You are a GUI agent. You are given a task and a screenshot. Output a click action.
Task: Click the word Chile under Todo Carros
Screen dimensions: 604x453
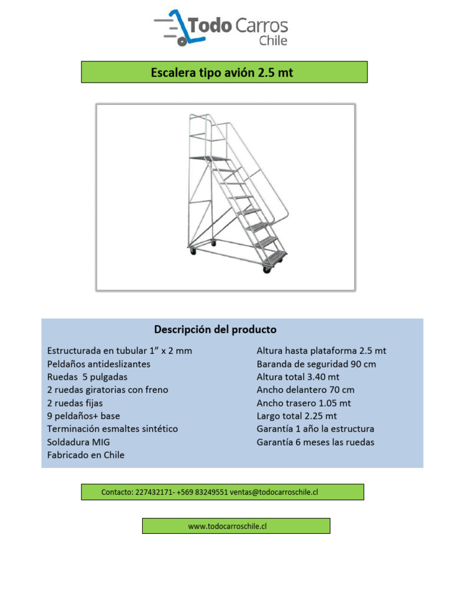click(x=273, y=41)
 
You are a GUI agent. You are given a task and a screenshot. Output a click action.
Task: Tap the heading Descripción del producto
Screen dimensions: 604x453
click(x=215, y=329)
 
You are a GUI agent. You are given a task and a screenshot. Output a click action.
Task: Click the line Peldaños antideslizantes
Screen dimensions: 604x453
click(x=99, y=364)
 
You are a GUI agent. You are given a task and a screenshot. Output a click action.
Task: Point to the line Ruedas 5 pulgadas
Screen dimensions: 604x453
click(x=87, y=377)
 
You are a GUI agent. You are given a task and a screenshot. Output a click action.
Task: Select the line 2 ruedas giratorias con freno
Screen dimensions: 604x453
click(x=107, y=390)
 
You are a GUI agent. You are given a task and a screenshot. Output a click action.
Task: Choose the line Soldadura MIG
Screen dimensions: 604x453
click(x=78, y=442)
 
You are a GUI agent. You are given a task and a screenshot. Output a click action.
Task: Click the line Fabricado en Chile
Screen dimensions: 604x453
click(x=86, y=455)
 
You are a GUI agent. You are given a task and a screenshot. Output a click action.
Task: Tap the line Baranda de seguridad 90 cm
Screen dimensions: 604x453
click(x=316, y=364)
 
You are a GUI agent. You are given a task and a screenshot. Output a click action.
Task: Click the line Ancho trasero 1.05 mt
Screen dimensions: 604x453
click(x=304, y=403)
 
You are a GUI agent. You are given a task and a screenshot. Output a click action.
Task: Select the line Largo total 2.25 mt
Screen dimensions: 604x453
click(x=297, y=416)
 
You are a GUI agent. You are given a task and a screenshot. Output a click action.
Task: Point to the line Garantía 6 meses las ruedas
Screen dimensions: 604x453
click(x=316, y=442)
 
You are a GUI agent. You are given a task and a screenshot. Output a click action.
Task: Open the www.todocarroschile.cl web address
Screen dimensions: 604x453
click(x=228, y=526)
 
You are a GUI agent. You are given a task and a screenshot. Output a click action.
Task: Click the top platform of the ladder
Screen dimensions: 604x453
click(x=209, y=158)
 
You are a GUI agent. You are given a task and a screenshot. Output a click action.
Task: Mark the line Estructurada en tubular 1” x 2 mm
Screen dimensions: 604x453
click(x=119, y=350)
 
